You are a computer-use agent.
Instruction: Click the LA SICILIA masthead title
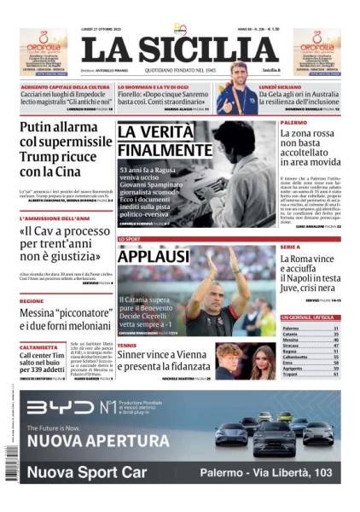click(179, 49)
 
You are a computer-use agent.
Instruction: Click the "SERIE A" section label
click(290, 247)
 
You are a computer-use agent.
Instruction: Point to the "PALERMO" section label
click(293, 122)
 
